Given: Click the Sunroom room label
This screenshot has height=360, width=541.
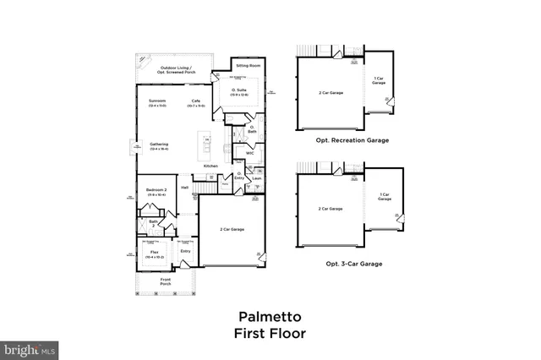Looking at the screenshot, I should click(x=156, y=101).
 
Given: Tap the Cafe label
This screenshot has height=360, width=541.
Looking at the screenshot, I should click(x=195, y=101).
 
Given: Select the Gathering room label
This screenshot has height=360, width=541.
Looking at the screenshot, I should click(x=158, y=145).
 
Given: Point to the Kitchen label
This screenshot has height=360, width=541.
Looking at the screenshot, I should click(x=210, y=166).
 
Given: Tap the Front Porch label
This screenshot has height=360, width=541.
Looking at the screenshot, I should click(x=167, y=283).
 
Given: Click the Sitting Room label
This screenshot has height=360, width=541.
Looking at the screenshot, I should click(x=248, y=65).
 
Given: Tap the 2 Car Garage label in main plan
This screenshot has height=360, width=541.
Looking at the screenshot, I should click(x=232, y=230).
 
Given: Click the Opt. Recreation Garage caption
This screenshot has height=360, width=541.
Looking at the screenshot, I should click(x=352, y=140).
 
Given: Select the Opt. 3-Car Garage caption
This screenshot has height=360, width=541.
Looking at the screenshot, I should click(x=354, y=264).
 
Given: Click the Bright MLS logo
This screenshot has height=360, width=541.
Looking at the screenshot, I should click(x=30, y=347).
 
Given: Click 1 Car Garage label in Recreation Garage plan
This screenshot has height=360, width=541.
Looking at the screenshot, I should click(x=379, y=81).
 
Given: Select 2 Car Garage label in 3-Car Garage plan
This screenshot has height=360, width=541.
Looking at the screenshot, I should click(x=330, y=208).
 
